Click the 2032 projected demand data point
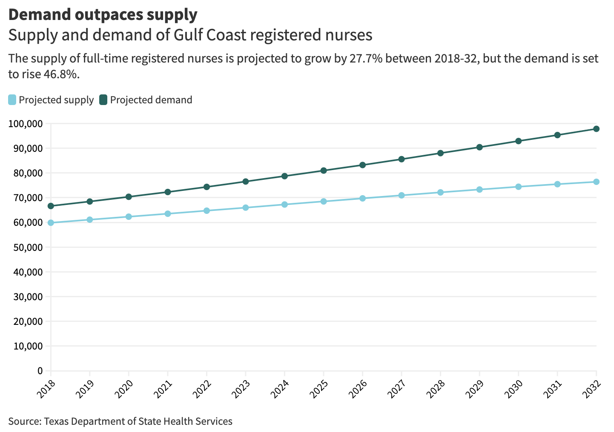click(x=596, y=129)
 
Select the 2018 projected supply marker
click(x=51, y=223)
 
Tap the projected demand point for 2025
click(x=324, y=171)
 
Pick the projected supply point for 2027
click(x=402, y=195)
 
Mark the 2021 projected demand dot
click(x=168, y=192)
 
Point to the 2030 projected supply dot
click(x=518, y=187)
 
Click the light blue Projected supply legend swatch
click(x=12, y=100)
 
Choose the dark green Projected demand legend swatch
click(x=103, y=100)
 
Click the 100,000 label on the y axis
click(x=26, y=124)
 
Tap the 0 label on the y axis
click(x=40, y=371)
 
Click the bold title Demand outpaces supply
click(x=103, y=15)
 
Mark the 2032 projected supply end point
click(x=596, y=182)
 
